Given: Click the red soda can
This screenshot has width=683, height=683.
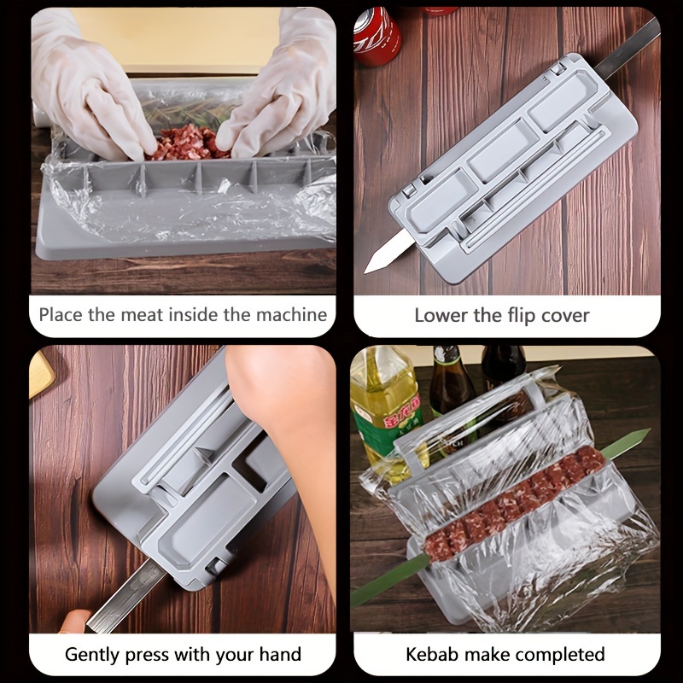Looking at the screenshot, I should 377,35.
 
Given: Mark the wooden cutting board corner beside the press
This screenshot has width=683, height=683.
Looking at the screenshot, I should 40,371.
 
